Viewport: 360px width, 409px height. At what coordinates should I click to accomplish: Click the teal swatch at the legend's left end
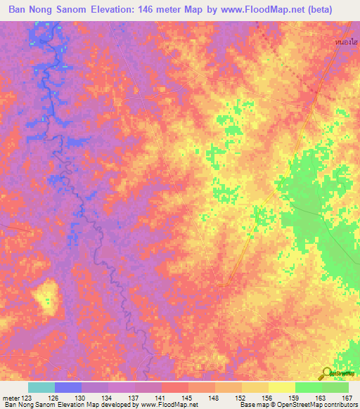click(x=41, y=387)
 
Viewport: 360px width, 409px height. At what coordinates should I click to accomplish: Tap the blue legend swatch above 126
click(x=68, y=387)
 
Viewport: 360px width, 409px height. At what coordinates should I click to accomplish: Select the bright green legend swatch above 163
click(x=308, y=387)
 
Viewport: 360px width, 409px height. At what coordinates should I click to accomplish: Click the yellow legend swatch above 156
click(x=255, y=387)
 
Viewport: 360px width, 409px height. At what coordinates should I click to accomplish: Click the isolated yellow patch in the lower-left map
click(x=44, y=295)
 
